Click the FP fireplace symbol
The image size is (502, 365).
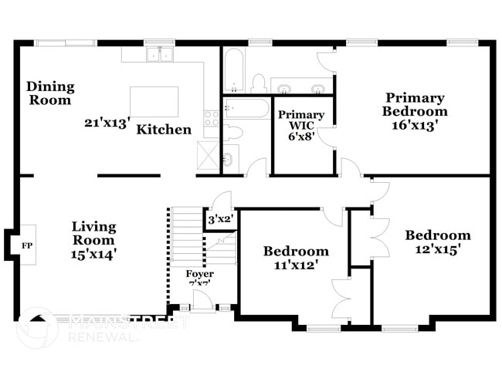(25, 245)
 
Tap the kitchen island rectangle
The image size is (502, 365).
(154, 101)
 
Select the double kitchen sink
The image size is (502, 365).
(160, 54)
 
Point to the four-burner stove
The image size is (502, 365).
(211, 118)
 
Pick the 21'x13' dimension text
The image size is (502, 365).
(108, 122)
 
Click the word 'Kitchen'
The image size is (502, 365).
(164, 130)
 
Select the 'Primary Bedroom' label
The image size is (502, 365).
(416, 104)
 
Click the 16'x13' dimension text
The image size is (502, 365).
(416, 125)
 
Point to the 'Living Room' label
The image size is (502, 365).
(94, 233)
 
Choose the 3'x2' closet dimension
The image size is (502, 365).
(221, 220)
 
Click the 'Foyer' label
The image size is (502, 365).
(200, 274)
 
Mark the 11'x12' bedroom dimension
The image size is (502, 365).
(296, 265)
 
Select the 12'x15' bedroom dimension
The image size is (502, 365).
(438, 249)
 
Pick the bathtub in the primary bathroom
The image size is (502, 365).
(234, 70)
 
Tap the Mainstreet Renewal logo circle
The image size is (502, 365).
(36, 327)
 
